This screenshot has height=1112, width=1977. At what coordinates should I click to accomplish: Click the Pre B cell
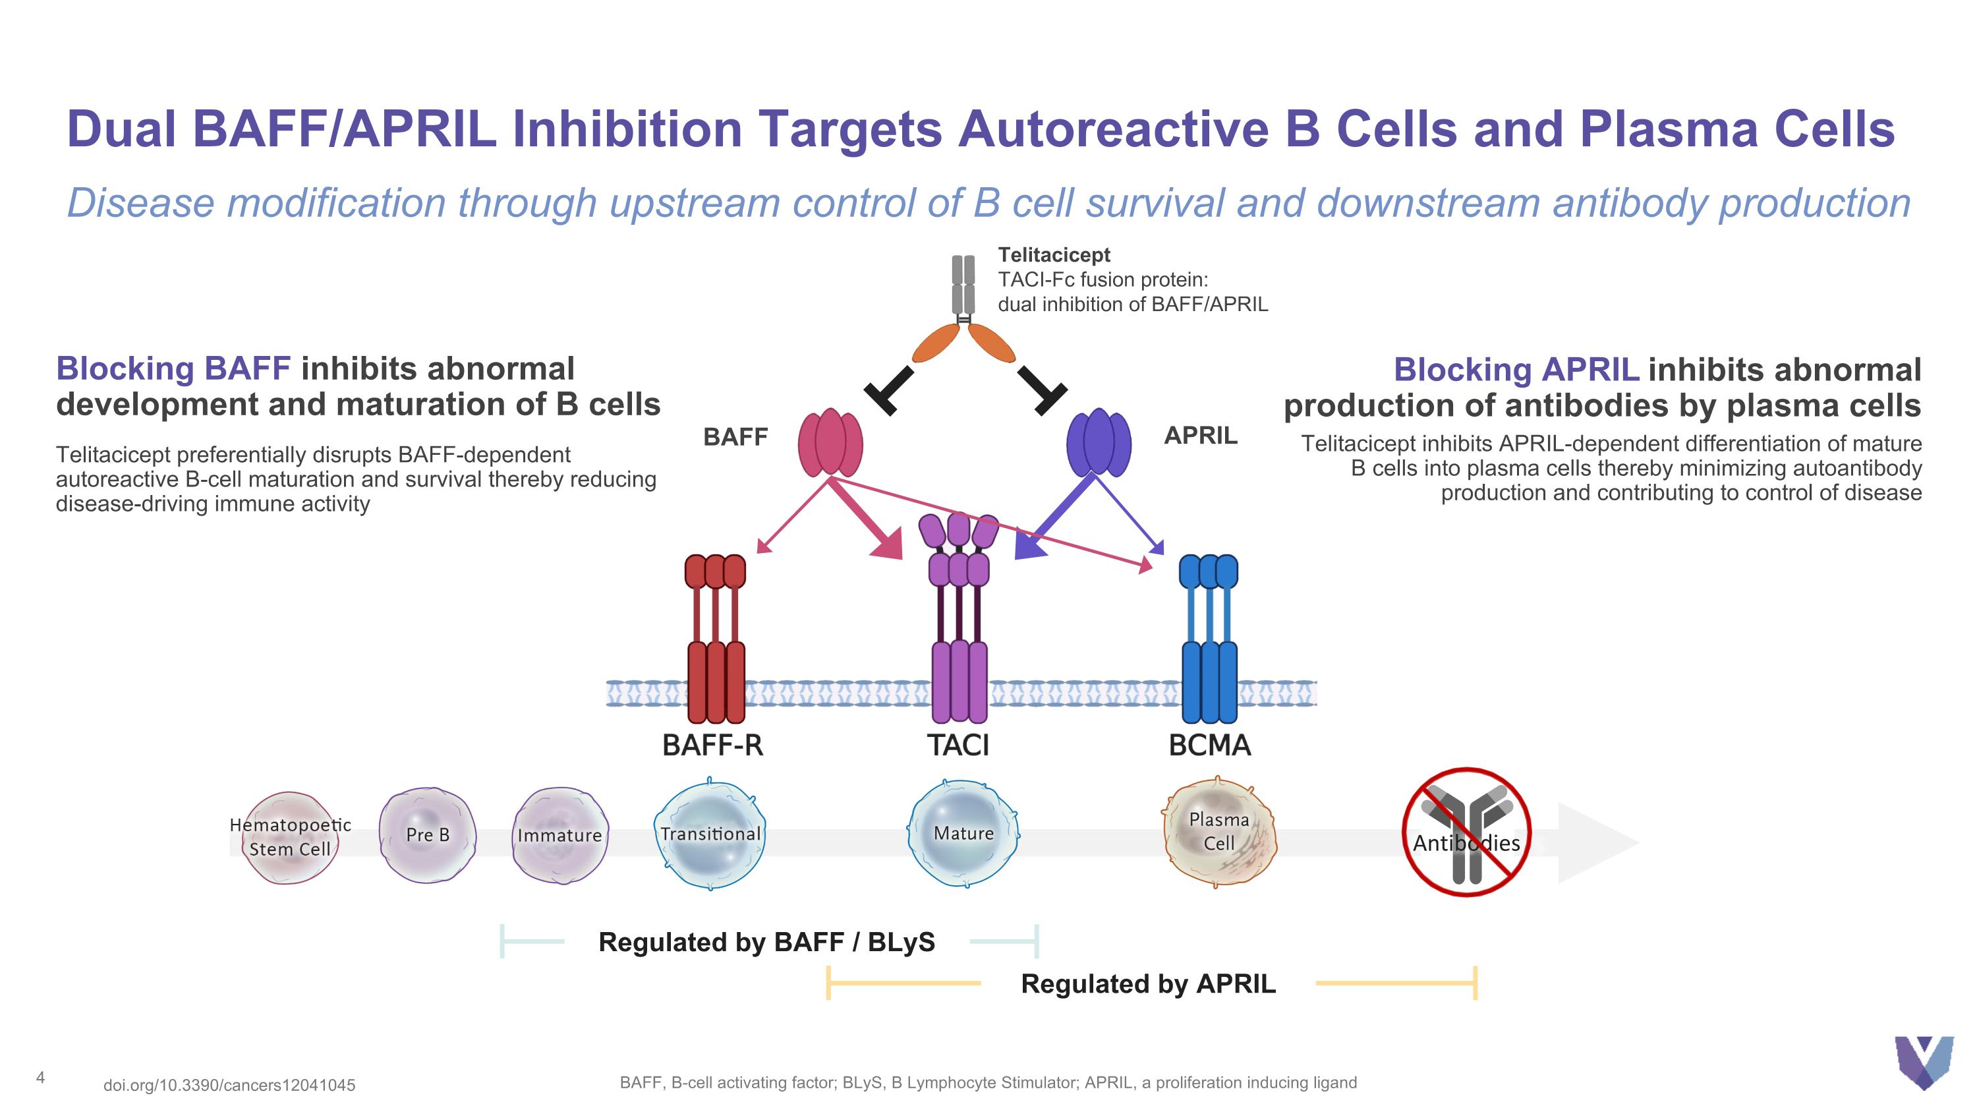(x=428, y=835)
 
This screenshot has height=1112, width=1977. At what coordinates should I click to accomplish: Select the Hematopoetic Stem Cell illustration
(x=290, y=837)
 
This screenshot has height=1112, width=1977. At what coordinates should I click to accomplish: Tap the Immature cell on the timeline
(x=559, y=835)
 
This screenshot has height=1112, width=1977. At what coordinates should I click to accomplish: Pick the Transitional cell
(x=710, y=834)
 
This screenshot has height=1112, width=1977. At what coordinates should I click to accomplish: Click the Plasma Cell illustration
(x=1218, y=833)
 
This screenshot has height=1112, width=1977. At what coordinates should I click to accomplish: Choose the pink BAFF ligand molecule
(x=830, y=443)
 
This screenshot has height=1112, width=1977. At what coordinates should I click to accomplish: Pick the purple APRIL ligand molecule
(x=1099, y=443)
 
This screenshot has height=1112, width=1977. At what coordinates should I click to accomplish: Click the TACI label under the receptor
(x=958, y=745)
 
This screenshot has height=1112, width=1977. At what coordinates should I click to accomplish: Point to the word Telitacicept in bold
(x=1054, y=255)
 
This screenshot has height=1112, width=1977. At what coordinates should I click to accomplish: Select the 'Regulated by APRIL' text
(x=1148, y=984)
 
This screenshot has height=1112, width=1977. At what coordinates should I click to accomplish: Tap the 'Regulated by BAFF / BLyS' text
(x=766, y=942)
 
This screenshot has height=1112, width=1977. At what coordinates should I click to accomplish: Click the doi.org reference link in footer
(x=229, y=1085)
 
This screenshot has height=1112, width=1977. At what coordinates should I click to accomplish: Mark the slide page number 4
(x=41, y=1078)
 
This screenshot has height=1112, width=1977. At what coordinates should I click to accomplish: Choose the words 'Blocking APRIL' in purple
(x=1516, y=370)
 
